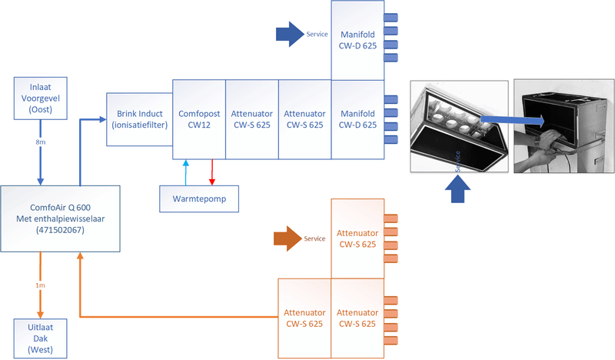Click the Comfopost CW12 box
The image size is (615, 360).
pos(198,118)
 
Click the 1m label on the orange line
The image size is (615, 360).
pos(40,285)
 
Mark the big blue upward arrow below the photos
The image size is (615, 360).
pos(459,189)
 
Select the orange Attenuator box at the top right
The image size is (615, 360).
pos(357,238)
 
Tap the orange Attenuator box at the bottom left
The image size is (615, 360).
pos(304,318)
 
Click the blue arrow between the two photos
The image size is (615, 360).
pos(514,118)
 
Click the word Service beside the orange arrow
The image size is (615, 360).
pos(315,238)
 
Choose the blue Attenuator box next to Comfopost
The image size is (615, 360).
pos(251,118)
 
